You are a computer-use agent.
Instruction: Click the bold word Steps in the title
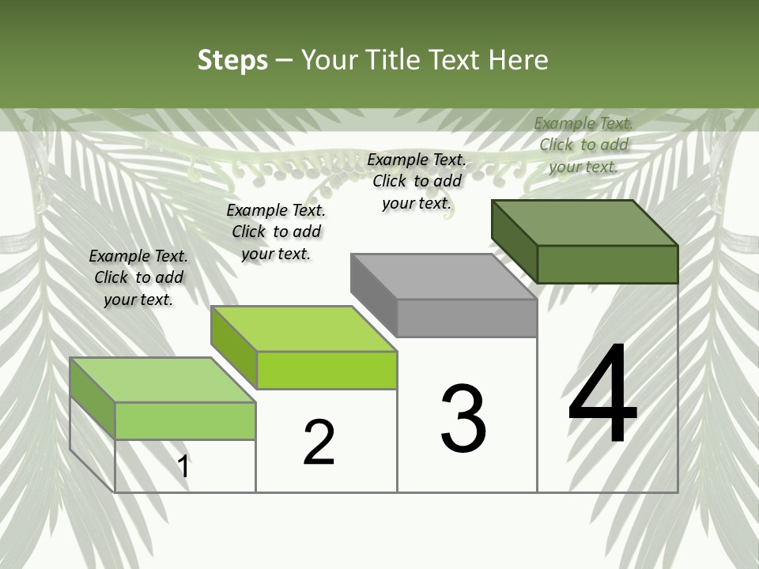coord(232,60)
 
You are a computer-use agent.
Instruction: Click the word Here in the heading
coord(519,60)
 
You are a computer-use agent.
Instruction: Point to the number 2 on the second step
coord(319,443)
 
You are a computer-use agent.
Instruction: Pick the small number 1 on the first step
coord(183,466)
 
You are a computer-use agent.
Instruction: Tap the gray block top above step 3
coord(443,276)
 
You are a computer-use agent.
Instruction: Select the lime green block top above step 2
coord(303,328)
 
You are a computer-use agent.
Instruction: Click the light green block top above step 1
coord(162,379)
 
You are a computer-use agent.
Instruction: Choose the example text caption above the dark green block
coord(583,145)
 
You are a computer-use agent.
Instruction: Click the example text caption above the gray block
coord(417,181)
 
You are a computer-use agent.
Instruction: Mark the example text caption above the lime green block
coord(276,232)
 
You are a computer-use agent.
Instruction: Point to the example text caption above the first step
coord(138,277)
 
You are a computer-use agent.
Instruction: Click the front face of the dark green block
coord(607,264)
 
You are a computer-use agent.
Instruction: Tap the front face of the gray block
coord(466,318)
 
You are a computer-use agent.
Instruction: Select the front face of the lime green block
coord(327,370)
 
